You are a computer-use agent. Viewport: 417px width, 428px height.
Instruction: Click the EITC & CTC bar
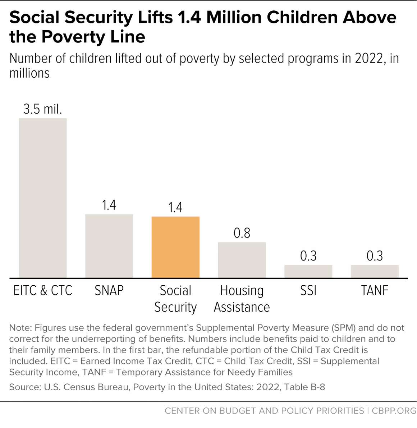pos(43,198)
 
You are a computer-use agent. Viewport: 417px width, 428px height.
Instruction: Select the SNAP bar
pos(109,246)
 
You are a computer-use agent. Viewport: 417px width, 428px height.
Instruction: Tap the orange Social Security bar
pos(175,247)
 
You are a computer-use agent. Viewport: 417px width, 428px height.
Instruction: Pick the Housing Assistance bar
pos(242,260)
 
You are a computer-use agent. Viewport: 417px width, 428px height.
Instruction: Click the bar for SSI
pos(308,271)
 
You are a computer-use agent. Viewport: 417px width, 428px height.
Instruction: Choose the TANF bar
pos(375,271)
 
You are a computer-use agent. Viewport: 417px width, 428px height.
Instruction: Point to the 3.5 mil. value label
pos(43,109)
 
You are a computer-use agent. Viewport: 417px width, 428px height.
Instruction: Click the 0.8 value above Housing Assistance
pos(242,233)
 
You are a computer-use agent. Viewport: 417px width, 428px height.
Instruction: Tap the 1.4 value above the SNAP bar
pos(109,205)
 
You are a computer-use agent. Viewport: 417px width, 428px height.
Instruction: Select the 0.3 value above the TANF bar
pos(375,256)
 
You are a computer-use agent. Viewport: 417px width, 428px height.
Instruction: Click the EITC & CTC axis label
pos(43,290)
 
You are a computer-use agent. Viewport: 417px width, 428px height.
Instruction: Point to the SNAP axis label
pos(109,290)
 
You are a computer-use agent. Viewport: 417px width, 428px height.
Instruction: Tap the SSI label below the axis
pos(308,290)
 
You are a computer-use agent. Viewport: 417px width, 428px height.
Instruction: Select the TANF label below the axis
pos(375,290)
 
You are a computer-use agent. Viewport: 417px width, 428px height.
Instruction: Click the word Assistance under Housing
pos(242,307)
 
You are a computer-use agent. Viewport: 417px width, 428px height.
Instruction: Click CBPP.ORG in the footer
pos(394,410)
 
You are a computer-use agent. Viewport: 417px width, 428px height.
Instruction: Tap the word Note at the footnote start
pos(20,328)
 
